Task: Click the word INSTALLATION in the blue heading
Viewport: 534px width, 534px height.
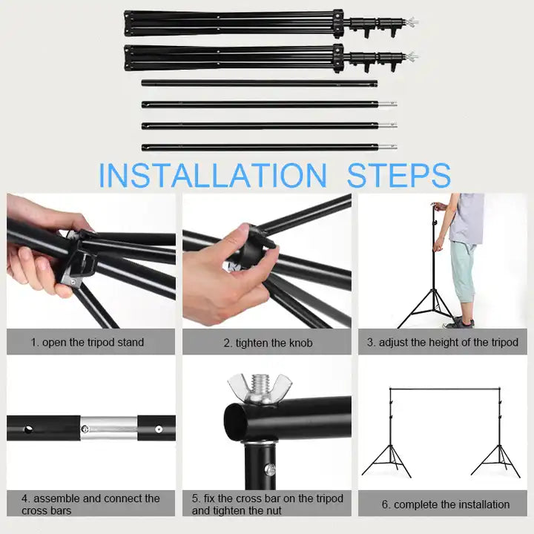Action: point(213,175)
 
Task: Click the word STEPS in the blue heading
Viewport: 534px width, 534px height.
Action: point(398,175)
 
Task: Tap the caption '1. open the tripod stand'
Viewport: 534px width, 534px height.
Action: point(88,342)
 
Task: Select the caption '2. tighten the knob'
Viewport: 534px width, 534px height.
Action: point(268,343)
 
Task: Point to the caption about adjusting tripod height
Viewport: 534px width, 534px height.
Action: point(442,342)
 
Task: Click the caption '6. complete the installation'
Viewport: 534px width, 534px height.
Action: point(446,504)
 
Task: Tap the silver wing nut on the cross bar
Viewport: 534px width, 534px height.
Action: point(260,388)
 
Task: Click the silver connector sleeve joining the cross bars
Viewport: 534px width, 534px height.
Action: point(109,428)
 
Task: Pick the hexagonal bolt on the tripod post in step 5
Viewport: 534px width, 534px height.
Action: point(270,470)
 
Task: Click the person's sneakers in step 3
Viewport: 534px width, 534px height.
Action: point(458,322)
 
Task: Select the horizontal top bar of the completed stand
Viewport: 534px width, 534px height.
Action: point(445,389)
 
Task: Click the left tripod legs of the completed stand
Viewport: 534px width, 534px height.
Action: point(387,461)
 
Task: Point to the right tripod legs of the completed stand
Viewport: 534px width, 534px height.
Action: point(496,461)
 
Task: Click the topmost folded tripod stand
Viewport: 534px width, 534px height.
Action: point(271,24)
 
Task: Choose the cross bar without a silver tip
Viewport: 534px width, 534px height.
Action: point(260,83)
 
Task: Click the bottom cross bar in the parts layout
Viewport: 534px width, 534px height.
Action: point(269,148)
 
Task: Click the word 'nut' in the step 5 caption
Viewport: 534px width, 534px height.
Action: point(274,510)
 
